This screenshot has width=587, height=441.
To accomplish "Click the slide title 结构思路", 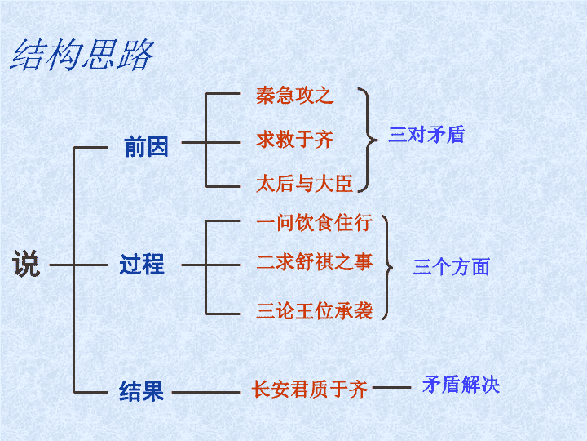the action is click(82, 56).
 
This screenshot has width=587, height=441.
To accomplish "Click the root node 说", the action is click(26, 264).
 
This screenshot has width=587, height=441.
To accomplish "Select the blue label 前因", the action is click(147, 146).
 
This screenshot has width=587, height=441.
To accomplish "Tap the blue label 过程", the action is click(142, 264).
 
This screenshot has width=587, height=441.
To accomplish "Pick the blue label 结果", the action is click(142, 391).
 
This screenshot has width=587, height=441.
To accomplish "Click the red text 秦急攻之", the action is click(294, 96).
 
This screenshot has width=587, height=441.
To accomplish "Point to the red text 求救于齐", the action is click(294, 140).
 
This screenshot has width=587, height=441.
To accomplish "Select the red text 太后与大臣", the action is click(304, 184).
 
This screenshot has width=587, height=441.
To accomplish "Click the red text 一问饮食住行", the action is click(315, 223).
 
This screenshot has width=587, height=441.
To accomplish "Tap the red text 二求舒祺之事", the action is click(315, 262).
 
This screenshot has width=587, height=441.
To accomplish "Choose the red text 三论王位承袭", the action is click(315, 311).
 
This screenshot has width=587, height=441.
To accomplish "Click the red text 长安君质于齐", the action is click(310, 389).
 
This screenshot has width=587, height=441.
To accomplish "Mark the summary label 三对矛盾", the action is click(426, 135).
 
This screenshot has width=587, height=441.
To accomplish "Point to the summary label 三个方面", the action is click(451, 266).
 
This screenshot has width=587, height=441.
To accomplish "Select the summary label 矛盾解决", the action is click(461, 385).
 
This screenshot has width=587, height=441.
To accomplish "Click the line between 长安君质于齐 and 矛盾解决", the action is click(391, 388).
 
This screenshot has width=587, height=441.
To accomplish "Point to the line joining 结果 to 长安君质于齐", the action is click(205, 393).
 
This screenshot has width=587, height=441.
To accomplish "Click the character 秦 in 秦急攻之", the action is click(266, 96).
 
